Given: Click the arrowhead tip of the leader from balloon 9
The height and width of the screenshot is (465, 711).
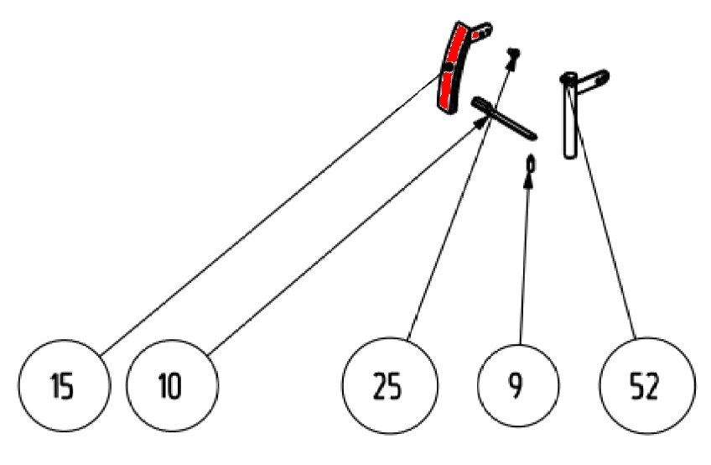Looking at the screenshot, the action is pyautogui.click(x=528, y=172).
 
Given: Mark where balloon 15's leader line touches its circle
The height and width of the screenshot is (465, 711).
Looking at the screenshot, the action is pyautogui.click(x=101, y=355).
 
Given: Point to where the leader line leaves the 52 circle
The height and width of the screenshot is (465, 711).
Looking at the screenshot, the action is pyautogui.click(x=636, y=338).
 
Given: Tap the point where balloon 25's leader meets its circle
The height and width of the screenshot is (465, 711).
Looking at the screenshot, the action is pyautogui.click(x=407, y=340).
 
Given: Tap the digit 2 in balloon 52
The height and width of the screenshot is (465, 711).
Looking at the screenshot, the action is pyautogui.click(x=652, y=387).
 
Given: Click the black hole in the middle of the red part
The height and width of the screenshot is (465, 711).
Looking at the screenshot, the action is pyautogui.click(x=449, y=67).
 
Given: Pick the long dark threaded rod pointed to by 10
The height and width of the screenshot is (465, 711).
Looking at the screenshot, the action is pyautogui.click(x=504, y=118).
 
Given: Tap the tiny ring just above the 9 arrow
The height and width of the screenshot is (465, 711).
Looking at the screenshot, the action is pyautogui.click(x=531, y=164).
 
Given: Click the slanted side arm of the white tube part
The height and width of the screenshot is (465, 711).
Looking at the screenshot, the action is pyautogui.click(x=592, y=81).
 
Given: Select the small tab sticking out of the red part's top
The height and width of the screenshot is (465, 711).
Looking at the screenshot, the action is pyautogui.click(x=481, y=32).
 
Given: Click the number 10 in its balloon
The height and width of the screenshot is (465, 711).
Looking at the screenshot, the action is pyautogui.click(x=170, y=386).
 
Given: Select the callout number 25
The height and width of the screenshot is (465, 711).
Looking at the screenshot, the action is pyautogui.click(x=387, y=387).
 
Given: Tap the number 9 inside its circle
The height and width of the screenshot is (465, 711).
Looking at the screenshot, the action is pyautogui.click(x=516, y=386).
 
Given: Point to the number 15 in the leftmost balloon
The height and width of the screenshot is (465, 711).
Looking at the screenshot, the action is pyautogui.click(x=63, y=386).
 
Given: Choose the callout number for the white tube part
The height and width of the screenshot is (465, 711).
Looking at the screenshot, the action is pyautogui.click(x=644, y=387).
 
